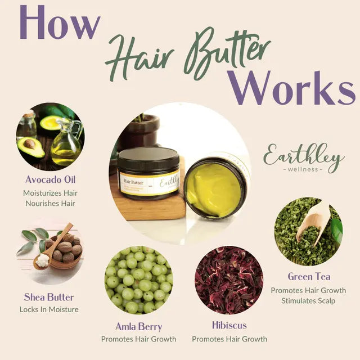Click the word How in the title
[x=60, y=24]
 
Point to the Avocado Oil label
[x=50, y=180]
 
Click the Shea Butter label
[x=49, y=297]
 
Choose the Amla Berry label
[x=138, y=326]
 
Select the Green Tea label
[x=309, y=277]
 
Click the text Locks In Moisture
[x=49, y=309]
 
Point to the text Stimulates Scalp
[x=309, y=301]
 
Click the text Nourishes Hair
[x=50, y=203]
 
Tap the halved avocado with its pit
[x=30, y=147]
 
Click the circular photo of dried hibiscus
[x=229, y=280]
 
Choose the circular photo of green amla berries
[x=138, y=280]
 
